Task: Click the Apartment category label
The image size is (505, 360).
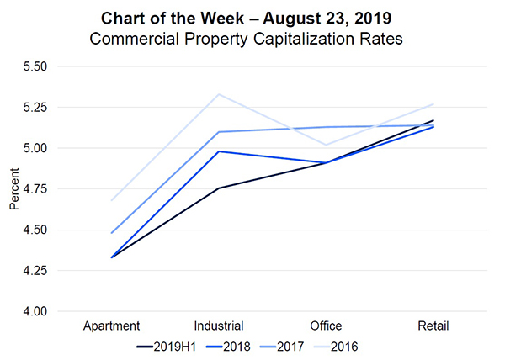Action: [x=112, y=326]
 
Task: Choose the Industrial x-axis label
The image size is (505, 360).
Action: [x=219, y=326]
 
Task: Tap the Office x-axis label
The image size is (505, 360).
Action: [x=326, y=326]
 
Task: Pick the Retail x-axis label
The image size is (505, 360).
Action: [x=433, y=326]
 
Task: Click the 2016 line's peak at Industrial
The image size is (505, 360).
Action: [x=219, y=94]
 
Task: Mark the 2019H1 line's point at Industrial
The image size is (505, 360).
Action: [x=219, y=188]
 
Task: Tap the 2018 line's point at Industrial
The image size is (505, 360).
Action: [x=219, y=151]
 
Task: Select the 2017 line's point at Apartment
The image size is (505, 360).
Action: [x=112, y=233]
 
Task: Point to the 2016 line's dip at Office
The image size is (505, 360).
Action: [x=326, y=145]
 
